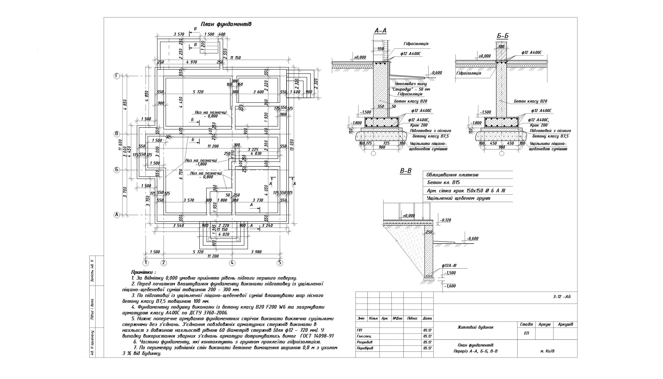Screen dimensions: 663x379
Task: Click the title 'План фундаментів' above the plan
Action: click(x=226, y=24)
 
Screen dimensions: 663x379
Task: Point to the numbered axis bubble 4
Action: click(x=232, y=263)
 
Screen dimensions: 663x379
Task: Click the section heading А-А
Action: click(x=380, y=31)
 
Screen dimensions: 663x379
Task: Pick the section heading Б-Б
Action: click(x=503, y=36)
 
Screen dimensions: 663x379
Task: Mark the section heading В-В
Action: click(x=406, y=171)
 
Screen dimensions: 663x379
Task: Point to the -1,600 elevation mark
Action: click(x=450, y=286)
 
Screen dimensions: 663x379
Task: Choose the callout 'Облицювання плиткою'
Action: click(x=452, y=175)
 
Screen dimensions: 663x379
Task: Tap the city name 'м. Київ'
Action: click(x=547, y=351)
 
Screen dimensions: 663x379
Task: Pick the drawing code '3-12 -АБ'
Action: click(x=562, y=297)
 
